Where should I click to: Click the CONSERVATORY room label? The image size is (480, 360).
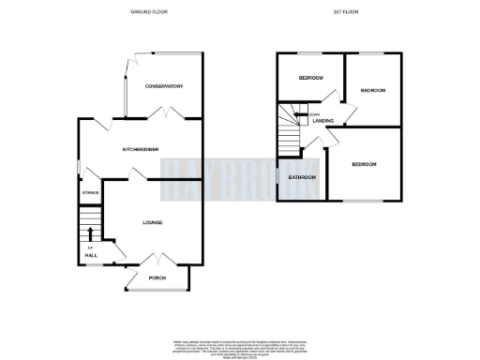tap(163, 86)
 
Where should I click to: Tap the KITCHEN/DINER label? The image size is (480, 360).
tap(138, 149)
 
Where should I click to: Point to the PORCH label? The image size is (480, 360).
tap(157, 276)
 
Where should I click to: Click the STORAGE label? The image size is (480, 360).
tap(90, 192)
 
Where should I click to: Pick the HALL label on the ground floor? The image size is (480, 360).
tap(90, 254)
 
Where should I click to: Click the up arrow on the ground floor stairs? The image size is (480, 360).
tap(90, 233)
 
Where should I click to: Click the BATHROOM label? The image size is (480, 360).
tap(302, 177)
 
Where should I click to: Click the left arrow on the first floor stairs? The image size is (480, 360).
tap(303, 115)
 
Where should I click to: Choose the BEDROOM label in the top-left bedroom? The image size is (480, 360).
tap(310, 78)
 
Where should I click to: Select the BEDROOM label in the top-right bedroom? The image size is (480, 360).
tap(373, 90)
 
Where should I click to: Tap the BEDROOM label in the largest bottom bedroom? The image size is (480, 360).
tap(364, 164)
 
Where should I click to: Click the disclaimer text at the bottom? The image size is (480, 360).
tap(240, 345)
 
